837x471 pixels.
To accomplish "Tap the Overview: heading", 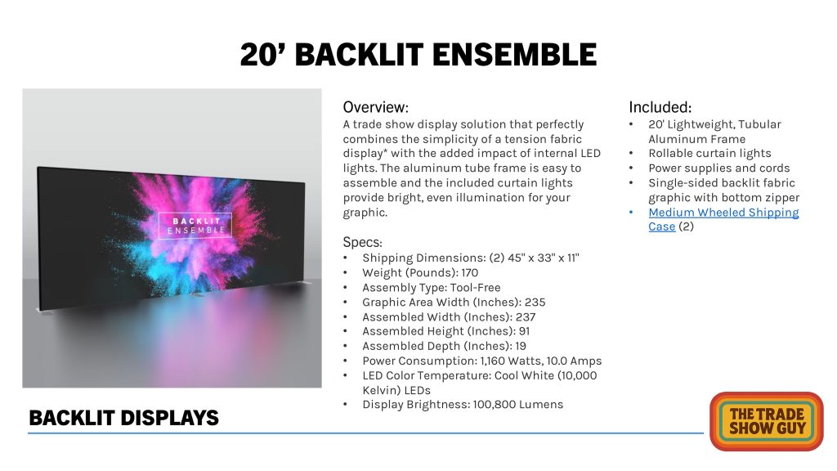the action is (x=375, y=107).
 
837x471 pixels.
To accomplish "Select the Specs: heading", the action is (x=362, y=242).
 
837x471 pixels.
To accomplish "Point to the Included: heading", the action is (x=660, y=107).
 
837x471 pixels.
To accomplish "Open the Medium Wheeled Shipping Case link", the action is (x=723, y=219).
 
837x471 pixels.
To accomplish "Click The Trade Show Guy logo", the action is (x=767, y=421).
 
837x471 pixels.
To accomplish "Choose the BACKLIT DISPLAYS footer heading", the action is (x=124, y=418).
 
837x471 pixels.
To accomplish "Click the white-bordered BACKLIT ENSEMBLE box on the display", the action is (x=195, y=226).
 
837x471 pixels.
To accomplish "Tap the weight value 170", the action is (x=470, y=273).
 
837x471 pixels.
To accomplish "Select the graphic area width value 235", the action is (x=535, y=303).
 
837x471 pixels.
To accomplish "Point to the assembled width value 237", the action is (x=526, y=317).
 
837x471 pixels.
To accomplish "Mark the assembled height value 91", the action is (x=524, y=332).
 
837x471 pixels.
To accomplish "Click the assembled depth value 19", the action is (x=521, y=347).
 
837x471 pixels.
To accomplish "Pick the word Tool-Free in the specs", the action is (x=475, y=288).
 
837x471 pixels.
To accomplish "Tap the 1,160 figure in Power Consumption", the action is (x=495, y=361).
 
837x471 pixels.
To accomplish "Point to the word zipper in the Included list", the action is (x=782, y=198).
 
